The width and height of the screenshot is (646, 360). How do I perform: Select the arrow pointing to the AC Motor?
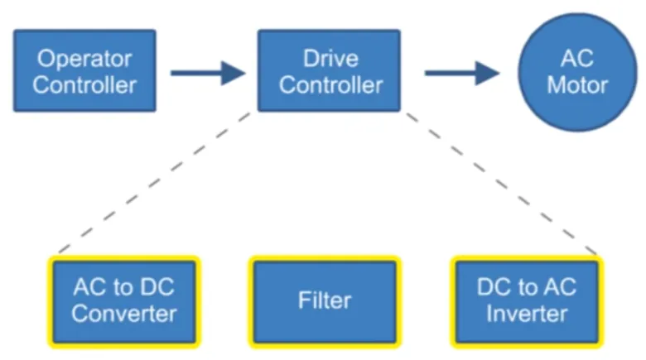tap(461, 72)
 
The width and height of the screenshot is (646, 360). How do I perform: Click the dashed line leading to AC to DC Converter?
tap(154, 182)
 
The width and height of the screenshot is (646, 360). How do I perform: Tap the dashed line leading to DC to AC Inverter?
tap(500, 182)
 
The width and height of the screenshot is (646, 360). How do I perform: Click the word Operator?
tap(84, 60)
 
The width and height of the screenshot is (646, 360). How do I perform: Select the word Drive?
tap(330, 60)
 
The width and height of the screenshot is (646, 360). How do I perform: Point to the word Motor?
tap(577, 84)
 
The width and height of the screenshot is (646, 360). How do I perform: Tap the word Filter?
tap(325, 301)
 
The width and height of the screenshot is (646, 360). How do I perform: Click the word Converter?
tap(124, 314)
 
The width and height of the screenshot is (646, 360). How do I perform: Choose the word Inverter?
tap(527, 314)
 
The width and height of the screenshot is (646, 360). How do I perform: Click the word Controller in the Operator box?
tap(84, 84)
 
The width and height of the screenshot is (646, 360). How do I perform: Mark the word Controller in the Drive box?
tap(330, 84)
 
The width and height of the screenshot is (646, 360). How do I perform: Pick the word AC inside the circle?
tap(577, 60)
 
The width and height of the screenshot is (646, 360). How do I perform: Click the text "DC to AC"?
tap(527, 289)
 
